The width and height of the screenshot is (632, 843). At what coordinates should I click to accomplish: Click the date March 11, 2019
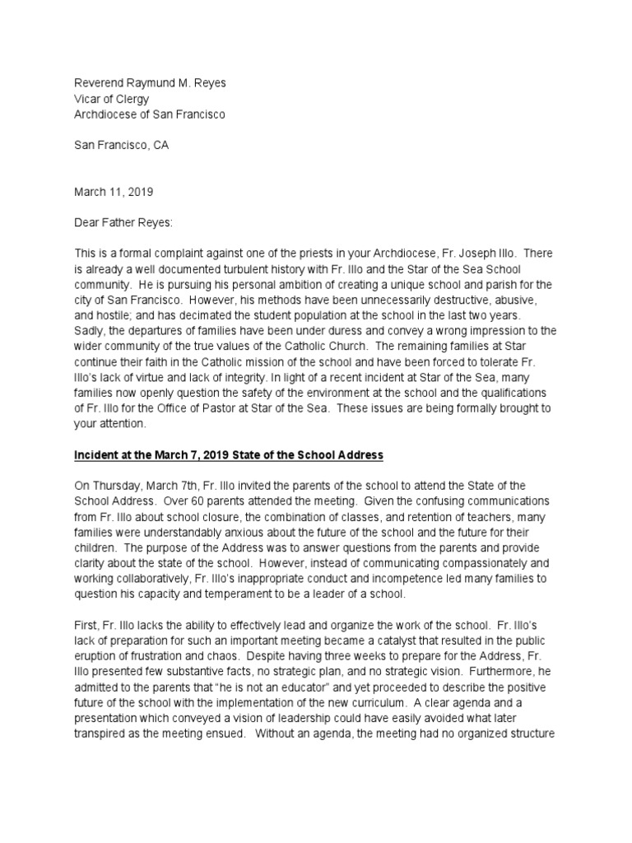(114, 192)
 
